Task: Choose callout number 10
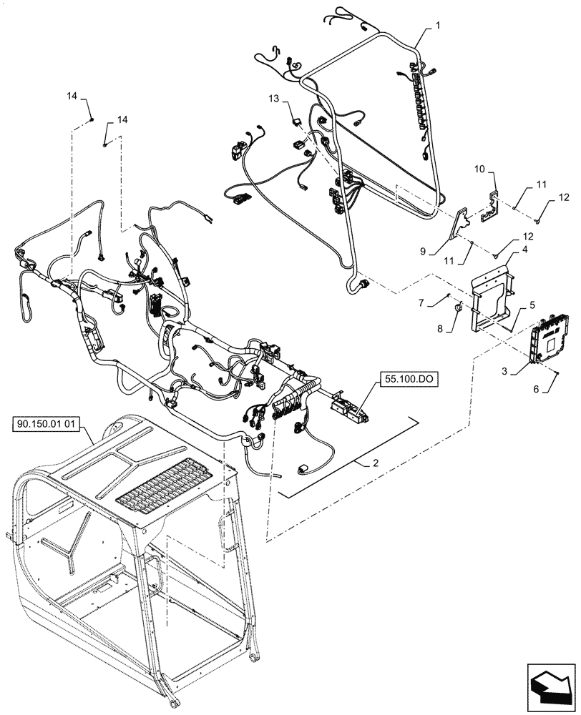click(480, 169)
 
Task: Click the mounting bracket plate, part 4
click(489, 293)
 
